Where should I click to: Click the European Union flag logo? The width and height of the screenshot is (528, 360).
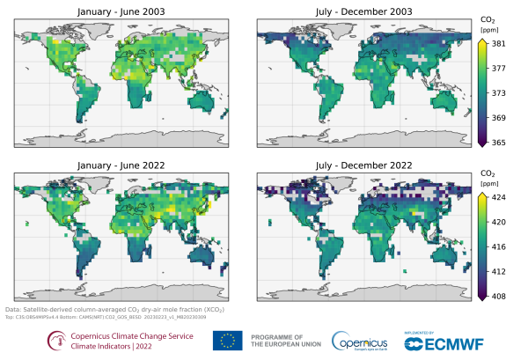[x=227, y=340]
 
